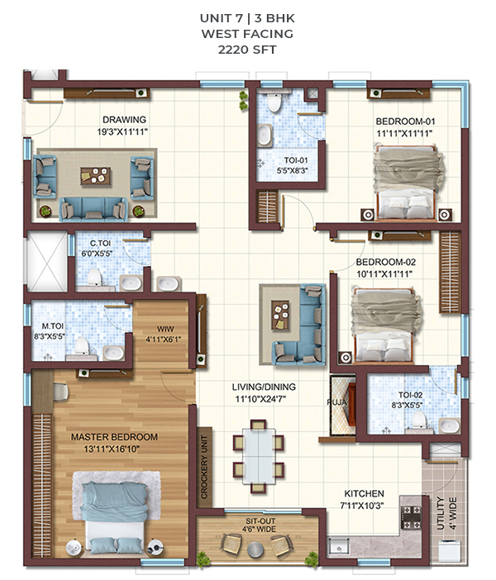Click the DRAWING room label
[124, 120]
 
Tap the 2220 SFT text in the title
[247, 50]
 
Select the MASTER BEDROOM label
[114, 437]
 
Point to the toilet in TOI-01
[274, 102]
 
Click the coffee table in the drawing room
[96, 176]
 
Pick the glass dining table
[259, 456]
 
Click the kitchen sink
[338, 547]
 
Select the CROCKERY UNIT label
[204, 467]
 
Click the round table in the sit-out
[255, 549]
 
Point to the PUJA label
[336, 402]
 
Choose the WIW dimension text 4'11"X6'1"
[163, 340]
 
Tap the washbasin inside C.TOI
[131, 283]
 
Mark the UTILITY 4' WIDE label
[446, 513]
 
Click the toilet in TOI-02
[419, 421]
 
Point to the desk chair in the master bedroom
[60, 392]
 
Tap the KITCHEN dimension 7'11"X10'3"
[361, 505]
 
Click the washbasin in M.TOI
[113, 353]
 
